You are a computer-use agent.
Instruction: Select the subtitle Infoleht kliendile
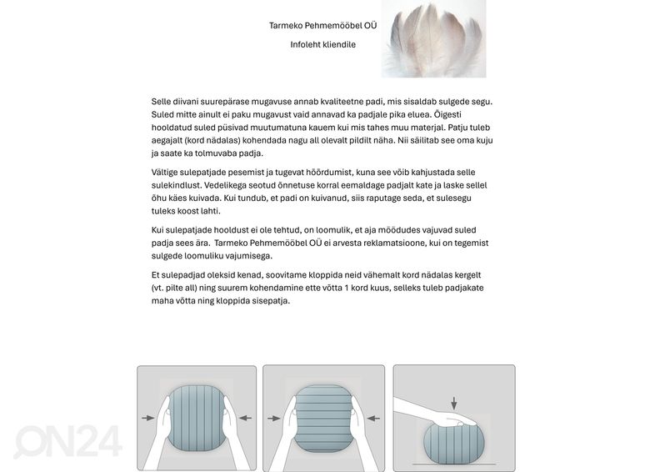[x=322, y=44]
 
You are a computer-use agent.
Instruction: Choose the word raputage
[x=400, y=198]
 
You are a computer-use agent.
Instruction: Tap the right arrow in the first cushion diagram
[x=244, y=417]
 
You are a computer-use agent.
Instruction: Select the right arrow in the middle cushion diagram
[x=373, y=418]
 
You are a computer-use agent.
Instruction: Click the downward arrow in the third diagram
[x=453, y=404]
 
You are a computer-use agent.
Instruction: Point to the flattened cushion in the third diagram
[x=454, y=440]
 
